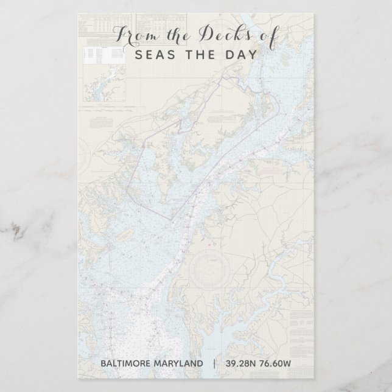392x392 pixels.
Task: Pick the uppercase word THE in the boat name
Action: point(195,54)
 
